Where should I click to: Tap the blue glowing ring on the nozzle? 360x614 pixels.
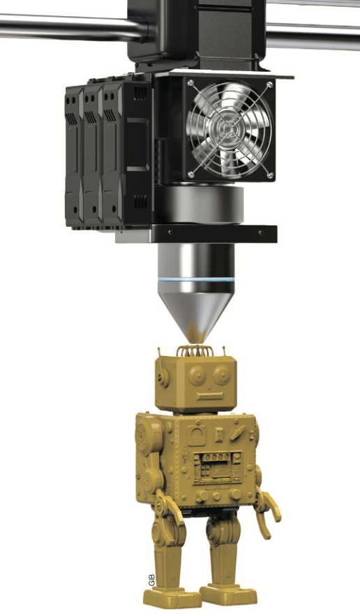(196, 280)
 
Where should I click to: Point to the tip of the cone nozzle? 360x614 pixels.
(195, 339)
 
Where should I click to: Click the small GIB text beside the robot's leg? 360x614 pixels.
(152, 580)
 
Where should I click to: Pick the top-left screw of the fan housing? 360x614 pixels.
(190, 83)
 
